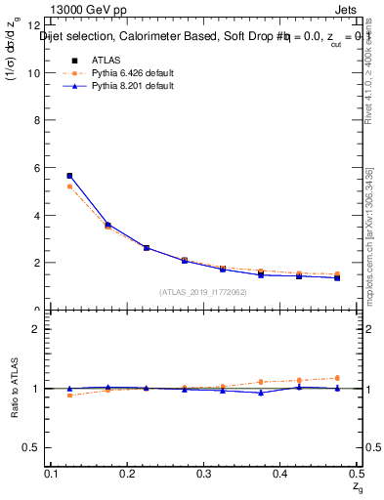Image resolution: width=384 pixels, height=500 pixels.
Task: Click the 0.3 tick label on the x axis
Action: pyautogui.click(x=205, y=473)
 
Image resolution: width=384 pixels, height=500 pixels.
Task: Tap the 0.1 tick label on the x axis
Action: pyautogui.click(x=53, y=473)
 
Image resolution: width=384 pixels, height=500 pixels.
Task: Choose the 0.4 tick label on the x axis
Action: pyautogui.click(x=280, y=473)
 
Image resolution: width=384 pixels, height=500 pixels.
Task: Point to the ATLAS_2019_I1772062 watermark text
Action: pyautogui.click(x=203, y=292)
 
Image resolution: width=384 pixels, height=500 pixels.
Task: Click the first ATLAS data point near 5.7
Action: pyautogui.click(x=69, y=176)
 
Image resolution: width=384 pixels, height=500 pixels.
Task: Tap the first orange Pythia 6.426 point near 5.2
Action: pyautogui.click(x=69, y=187)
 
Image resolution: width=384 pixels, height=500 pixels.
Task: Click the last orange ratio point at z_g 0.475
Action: pyautogui.click(x=336, y=378)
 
